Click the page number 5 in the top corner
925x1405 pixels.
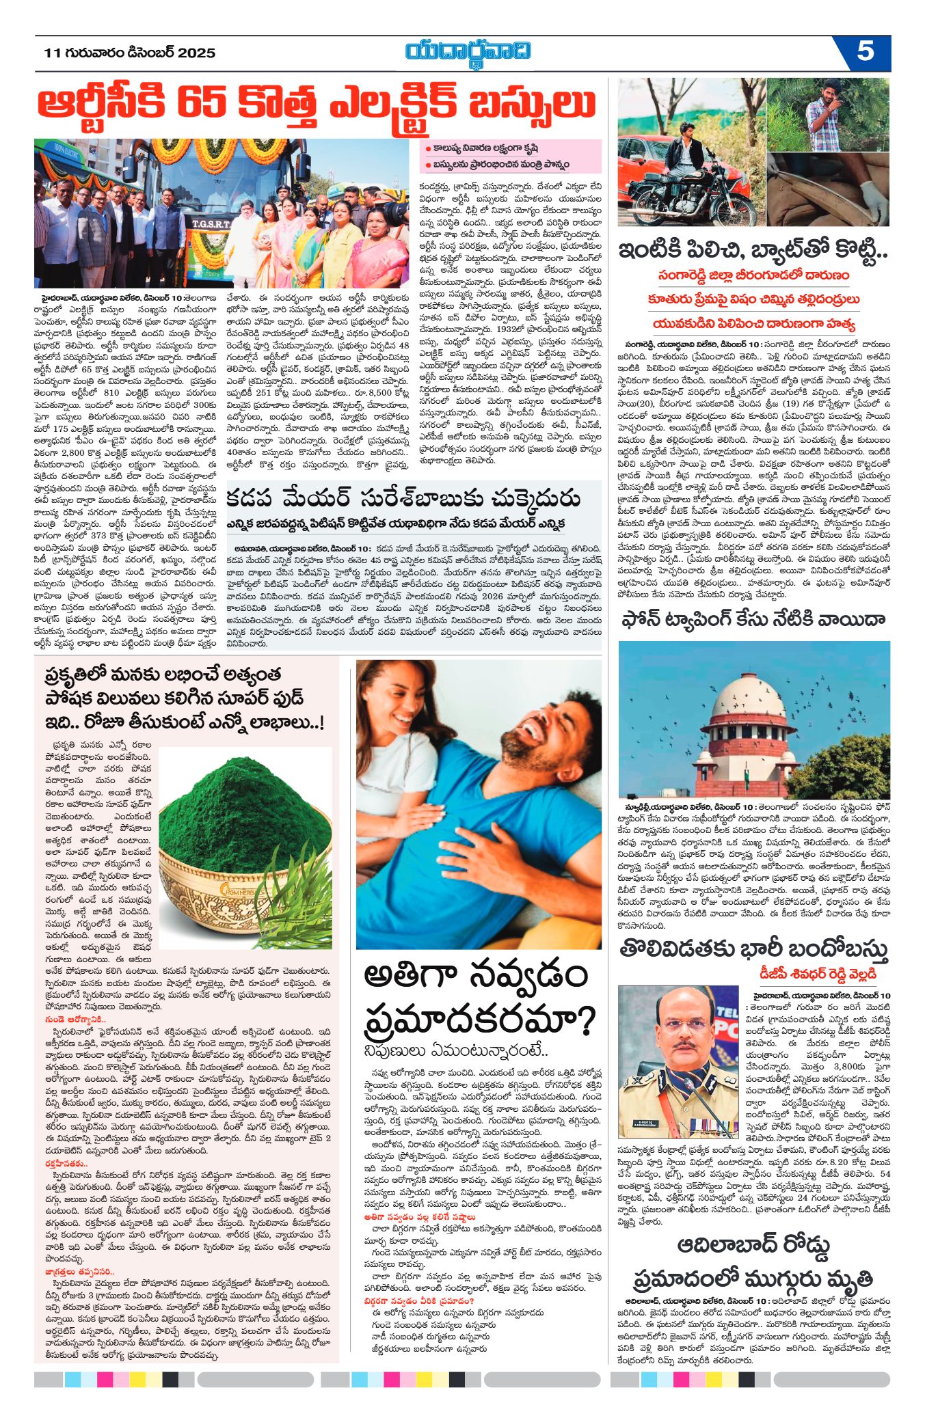pos(865,52)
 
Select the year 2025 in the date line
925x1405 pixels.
pos(197,53)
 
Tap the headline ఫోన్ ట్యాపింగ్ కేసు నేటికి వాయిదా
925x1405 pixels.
pos(753,619)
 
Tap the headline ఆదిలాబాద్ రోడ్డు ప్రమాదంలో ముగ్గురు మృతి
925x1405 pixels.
pos(753,1265)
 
